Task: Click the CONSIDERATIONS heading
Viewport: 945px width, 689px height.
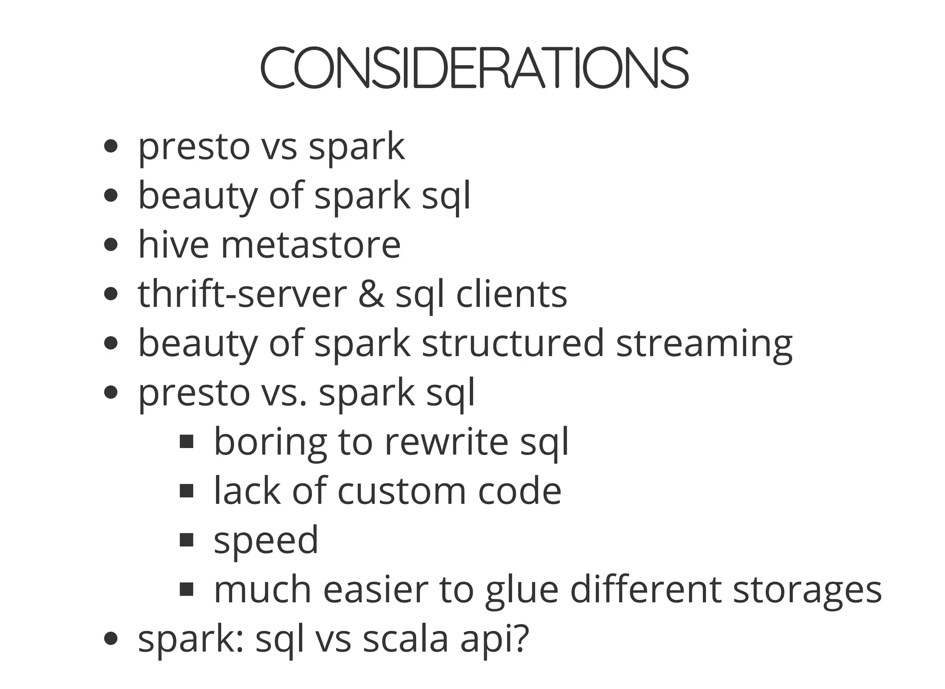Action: click(x=474, y=68)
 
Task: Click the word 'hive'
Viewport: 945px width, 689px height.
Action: click(x=173, y=245)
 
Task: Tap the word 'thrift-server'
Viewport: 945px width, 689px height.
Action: click(x=242, y=294)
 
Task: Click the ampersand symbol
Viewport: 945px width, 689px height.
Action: click(x=371, y=294)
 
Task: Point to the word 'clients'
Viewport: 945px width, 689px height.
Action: click(x=511, y=294)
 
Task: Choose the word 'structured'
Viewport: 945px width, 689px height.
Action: click(x=513, y=343)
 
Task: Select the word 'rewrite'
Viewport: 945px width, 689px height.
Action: click(x=446, y=442)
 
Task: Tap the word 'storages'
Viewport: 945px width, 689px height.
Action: click(x=807, y=590)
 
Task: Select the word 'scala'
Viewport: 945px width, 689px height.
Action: click(x=406, y=640)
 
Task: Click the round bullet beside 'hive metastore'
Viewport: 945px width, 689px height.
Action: click(x=111, y=245)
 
